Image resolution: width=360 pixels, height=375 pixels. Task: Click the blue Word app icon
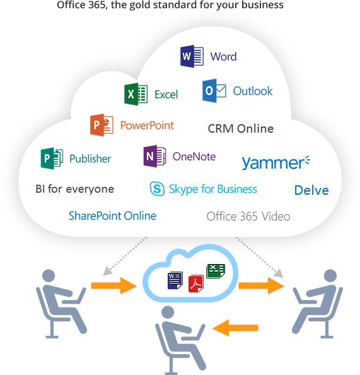click(x=192, y=56)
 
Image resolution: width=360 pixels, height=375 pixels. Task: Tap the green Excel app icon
click(x=136, y=94)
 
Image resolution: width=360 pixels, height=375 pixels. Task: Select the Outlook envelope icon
click(x=214, y=91)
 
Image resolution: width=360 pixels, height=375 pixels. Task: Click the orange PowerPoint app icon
click(x=102, y=125)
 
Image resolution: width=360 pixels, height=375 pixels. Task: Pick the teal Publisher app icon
click(x=52, y=158)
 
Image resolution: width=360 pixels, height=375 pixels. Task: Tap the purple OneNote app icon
click(x=154, y=156)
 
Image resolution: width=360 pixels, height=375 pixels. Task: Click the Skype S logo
click(x=157, y=188)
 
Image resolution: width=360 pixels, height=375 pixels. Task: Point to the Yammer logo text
click(x=276, y=163)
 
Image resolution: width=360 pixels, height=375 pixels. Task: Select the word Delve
click(x=311, y=190)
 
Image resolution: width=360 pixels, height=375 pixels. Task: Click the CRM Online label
click(x=241, y=129)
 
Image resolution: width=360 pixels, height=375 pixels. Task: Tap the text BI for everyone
click(x=74, y=189)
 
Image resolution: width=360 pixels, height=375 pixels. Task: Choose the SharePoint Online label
click(x=113, y=216)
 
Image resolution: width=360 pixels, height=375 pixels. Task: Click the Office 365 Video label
click(x=248, y=216)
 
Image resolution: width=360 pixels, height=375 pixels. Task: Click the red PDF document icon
click(x=196, y=284)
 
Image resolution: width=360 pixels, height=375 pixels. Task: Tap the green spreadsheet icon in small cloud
click(x=216, y=271)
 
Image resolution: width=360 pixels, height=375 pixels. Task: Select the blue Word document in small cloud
click(x=175, y=280)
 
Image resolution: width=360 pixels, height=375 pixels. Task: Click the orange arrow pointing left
click(x=235, y=328)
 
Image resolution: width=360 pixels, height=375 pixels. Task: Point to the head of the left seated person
click(x=49, y=276)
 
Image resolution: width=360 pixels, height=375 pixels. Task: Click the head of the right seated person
click(x=330, y=276)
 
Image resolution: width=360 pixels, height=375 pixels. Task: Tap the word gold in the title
click(x=141, y=5)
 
